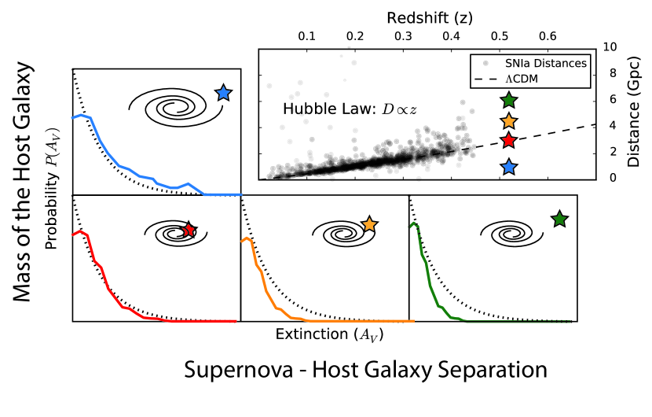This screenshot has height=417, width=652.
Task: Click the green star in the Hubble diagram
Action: [509, 100]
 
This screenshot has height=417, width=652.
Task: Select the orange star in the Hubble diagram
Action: [509, 121]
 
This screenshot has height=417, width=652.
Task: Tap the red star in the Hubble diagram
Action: [509, 141]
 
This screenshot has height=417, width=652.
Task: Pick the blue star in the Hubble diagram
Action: [509, 167]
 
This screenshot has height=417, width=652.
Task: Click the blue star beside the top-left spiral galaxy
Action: [223, 93]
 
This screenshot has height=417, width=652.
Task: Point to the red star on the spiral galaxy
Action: [189, 229]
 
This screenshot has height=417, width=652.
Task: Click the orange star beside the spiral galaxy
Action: [370, 225]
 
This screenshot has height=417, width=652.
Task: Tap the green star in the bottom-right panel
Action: [559, 220]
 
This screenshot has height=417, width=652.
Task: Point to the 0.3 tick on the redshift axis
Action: [404, 36]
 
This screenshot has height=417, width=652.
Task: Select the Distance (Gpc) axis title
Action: [634, 112]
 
